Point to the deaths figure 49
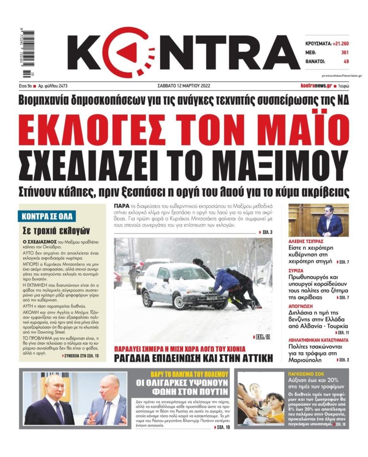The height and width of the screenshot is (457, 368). [346, 61]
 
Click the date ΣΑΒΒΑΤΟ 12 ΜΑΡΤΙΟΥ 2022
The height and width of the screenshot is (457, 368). [184, 86]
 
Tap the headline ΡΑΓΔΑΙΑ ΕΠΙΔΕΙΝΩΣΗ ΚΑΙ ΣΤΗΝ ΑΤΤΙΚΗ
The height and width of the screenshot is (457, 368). [193, 358]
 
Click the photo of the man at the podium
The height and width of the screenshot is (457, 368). [318, 220]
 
